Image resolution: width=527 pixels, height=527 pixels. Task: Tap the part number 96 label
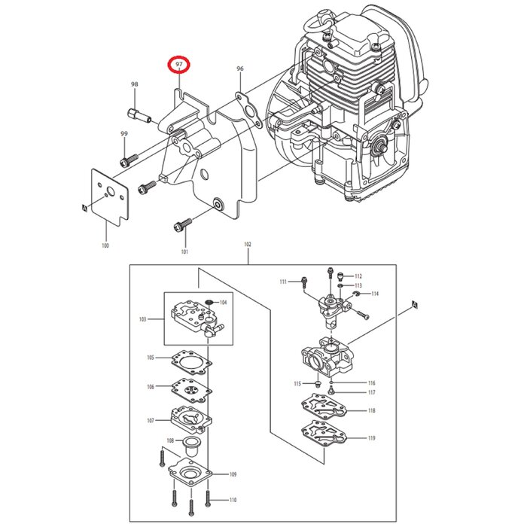click(x=240, y=69)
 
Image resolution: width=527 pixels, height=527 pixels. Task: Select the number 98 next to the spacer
click(x=135, y=84)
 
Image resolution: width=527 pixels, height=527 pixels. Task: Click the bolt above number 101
click(x=184, y=222)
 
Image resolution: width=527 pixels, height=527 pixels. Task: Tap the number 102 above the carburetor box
click(x=248, y=245)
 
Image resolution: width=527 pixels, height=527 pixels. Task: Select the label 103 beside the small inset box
click(x=142, y=319)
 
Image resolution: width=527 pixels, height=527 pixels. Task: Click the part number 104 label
click(x=222, y=303)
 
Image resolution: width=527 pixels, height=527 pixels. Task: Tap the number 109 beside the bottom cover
click(x=233, y=474)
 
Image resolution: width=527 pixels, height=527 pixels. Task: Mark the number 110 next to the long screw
click(x=233, y=500)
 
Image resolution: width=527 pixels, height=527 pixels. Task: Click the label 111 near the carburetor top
click(x=283, y=282)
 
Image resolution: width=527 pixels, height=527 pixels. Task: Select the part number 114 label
click(x=374, y=294)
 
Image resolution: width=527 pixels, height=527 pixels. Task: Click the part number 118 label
click(x=371, y=411)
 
